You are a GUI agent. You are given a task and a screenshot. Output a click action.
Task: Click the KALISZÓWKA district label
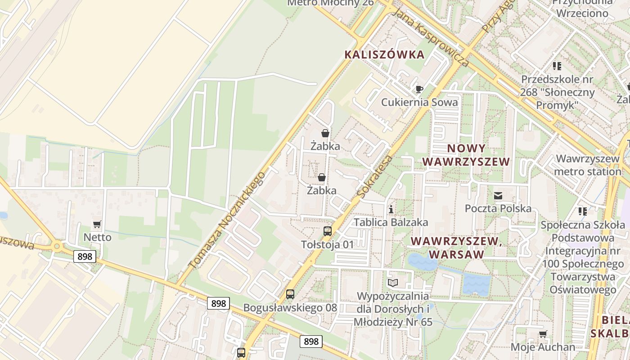[x=384, y=55]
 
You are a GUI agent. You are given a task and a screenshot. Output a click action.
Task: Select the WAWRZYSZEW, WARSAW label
[x=456, y=247]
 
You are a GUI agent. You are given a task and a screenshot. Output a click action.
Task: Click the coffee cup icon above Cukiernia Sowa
[x=419, y=89]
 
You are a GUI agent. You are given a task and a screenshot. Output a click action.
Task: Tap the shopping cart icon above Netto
[x=97, y=224]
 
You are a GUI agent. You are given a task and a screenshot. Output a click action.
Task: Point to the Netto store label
[x=97, y=237]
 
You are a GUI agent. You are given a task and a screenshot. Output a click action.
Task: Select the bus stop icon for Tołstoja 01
[x=328, y=231]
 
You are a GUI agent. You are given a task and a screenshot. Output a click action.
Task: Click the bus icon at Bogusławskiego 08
[x=290, y=294]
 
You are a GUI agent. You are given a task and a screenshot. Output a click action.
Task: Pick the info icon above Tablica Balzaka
[x=391, y=209]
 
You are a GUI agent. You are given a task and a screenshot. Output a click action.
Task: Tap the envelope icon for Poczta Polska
[x=498, y=196]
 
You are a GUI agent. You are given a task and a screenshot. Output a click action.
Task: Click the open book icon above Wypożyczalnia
[x=393, y=283]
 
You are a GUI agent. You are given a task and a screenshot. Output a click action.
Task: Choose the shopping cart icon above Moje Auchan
[x=543, y=334]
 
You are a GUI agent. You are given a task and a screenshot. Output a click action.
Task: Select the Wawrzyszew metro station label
[x=588, y=165]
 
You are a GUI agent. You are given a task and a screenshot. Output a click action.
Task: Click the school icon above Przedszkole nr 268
[x=557, y=66]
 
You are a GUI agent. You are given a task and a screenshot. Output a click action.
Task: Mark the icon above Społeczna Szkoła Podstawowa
[x=582, y=211]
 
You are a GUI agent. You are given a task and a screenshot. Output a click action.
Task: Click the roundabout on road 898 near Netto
[x=57, y=246]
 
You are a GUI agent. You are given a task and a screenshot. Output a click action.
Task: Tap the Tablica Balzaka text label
[x=391, y=222]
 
